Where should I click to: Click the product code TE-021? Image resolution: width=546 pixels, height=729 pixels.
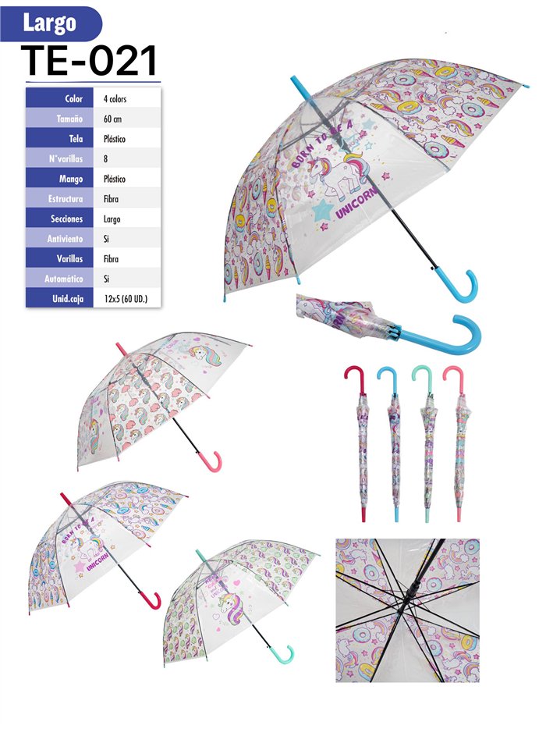click(x=90, y=60)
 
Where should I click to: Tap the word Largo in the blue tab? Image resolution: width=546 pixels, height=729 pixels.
click(x=49, y=23)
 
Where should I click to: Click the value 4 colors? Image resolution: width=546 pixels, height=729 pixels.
click(x=115, y=99)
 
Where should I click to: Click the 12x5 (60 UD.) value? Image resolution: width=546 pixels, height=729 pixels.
click(x=126, y=298)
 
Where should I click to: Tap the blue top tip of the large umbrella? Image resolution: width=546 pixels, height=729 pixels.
click(x=300, y=86)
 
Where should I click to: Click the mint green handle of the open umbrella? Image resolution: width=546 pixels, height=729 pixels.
click(x=285, y=657)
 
